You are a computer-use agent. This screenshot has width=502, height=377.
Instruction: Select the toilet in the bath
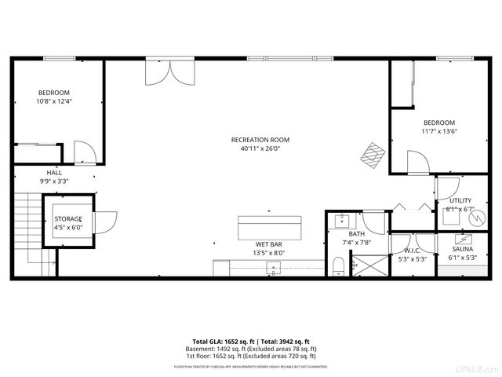(337, 265)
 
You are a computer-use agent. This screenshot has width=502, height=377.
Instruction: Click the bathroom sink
(343, 219)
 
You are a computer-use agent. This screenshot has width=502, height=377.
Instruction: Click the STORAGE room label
(68, 218)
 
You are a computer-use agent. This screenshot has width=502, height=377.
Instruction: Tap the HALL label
(54, 172)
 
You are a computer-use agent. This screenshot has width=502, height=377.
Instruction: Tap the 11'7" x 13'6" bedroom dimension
(439, 131)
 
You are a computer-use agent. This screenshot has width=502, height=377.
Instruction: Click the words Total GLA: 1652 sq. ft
(220, 342)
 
